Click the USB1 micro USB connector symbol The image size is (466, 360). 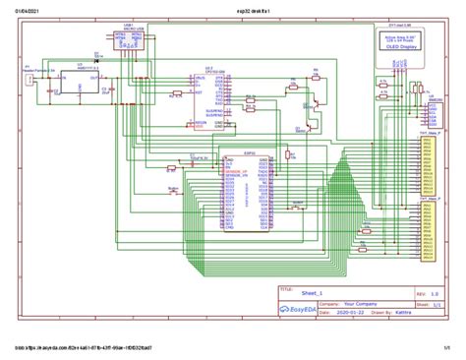tap(128, 39)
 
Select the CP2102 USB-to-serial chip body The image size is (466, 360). tap(212, 99)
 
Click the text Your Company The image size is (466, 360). tap(361, 304)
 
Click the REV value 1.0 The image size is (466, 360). tap(436, 293)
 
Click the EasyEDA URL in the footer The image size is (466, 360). tap(84, 347)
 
